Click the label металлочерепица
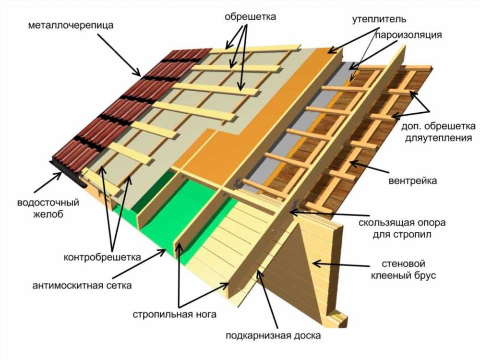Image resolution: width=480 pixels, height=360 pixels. (x=71, y=25)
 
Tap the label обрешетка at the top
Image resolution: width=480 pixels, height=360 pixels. (x=250, y=16)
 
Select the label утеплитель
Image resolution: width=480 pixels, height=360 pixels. (x=379, y=19)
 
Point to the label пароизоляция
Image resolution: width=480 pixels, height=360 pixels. (x=408, y=35)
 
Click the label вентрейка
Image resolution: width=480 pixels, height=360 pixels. (x=413, y=181)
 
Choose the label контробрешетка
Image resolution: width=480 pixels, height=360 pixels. (x=102, y=257)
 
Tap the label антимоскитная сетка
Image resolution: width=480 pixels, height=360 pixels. (x=82, y=286)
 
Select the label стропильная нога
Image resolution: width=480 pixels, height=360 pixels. (x=175, y=314)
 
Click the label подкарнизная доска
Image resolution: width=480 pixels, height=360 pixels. (x=274, y=336)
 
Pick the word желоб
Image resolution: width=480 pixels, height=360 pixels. (x=48, y=214)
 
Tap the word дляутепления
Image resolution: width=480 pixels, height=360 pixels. (x=438, y=138)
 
